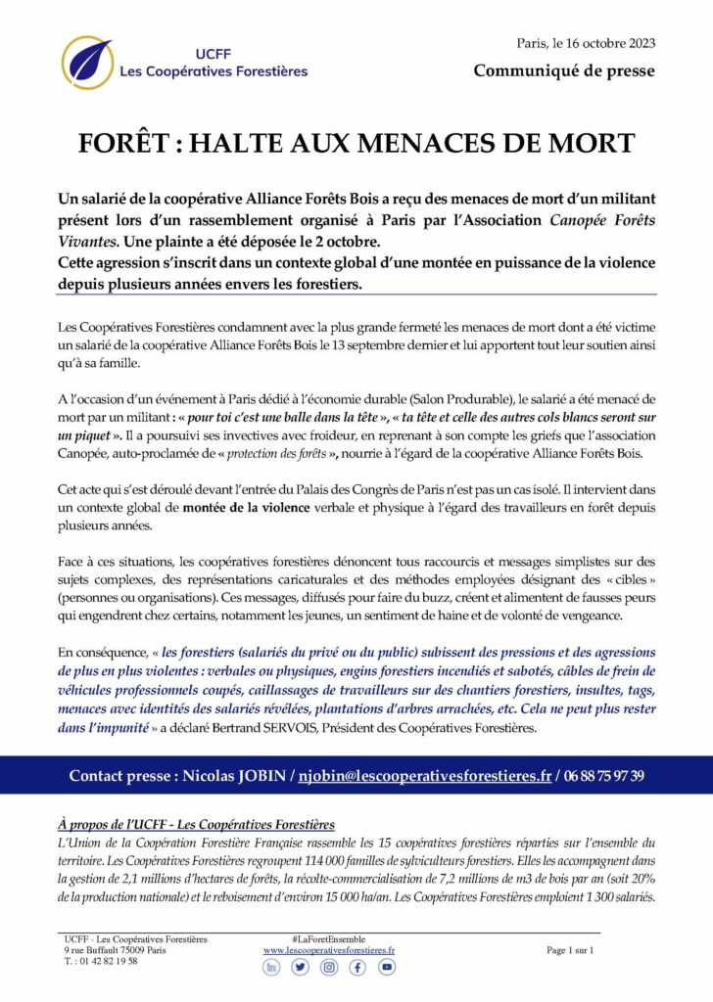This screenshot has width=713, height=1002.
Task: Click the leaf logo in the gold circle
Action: [87, 63]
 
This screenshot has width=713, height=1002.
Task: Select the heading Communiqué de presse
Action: [564, 70]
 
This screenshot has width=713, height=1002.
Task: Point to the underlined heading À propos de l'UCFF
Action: [196, 823]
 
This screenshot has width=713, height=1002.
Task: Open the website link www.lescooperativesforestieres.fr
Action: [329, 950]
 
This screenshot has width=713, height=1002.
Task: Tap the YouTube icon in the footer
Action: [387, 967]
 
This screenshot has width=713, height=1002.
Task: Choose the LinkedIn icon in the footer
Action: [271, 967]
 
